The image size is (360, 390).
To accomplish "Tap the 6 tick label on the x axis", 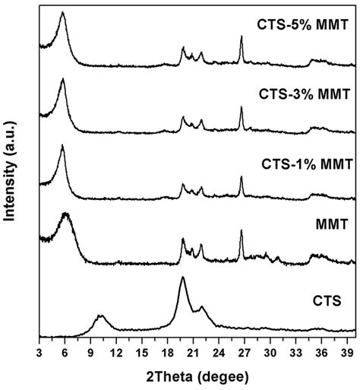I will coord(65,352).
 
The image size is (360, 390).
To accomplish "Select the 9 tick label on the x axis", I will coord(90,352).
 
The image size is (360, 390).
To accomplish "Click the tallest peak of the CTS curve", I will coord(182,278).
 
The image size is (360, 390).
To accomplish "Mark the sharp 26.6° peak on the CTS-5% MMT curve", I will coord(241,36).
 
